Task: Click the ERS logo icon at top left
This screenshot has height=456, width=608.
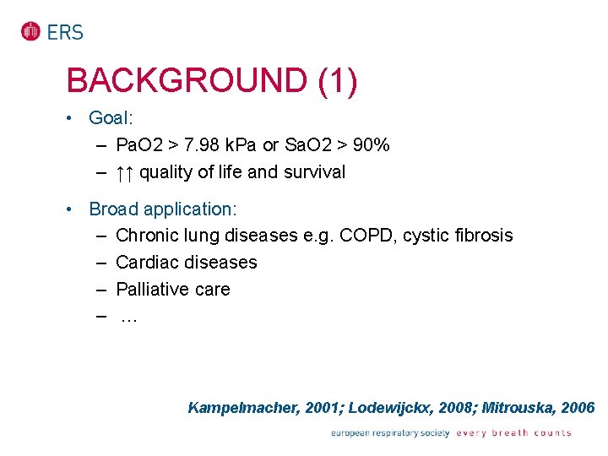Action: pos(31,32)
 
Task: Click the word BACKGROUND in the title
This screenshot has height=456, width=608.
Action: pos(186,81)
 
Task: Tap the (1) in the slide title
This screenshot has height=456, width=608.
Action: pos(338,81)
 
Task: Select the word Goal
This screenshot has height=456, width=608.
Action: pos(108,118)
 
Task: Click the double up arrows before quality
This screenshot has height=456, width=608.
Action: pos(125,172)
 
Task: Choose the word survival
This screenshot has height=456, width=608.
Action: pos(314,172)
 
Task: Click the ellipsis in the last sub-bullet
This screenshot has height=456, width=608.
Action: pos(128,317)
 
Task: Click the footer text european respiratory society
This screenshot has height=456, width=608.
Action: pos(390,433)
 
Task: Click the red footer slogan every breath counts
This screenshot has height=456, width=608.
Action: pos(513,433)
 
